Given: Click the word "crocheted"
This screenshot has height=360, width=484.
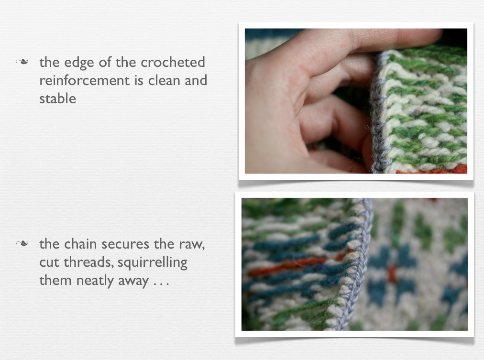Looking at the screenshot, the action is point(173,62).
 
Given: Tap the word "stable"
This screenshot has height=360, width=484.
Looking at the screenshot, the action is point(58,98).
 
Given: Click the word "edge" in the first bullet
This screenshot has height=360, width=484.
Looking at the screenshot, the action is point(79,63).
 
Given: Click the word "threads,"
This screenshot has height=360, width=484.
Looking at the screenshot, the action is point(88,262).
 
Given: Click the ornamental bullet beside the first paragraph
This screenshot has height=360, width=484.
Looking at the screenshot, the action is point(22,62).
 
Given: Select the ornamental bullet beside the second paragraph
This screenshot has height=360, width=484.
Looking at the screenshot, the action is point(22,244).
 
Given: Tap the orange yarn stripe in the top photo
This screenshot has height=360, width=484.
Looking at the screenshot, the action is point(432,169).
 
